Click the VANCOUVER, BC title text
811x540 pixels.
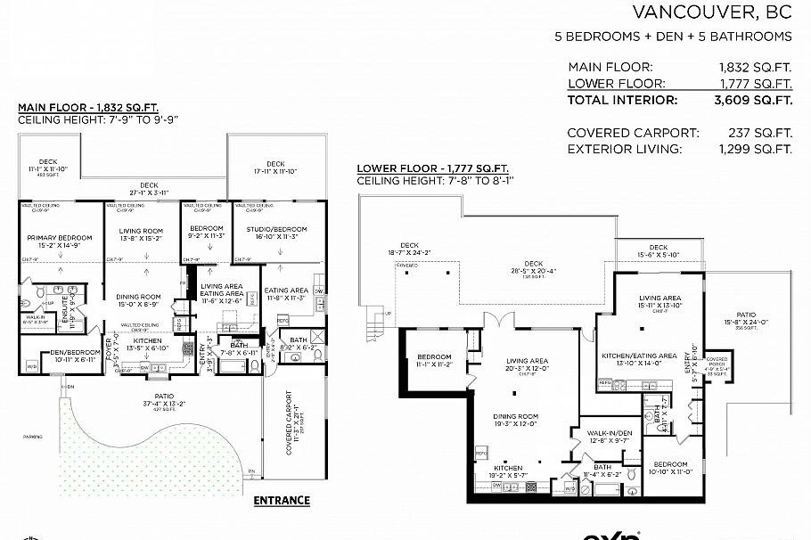click(711, 12)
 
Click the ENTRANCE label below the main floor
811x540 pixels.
click(282, 500)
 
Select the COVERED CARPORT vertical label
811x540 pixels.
click(288, 422)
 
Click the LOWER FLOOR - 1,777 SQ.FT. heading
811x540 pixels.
click(432, 168)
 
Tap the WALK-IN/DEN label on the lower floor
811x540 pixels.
click(609, 436)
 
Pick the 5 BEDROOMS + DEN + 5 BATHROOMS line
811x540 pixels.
click(673, 37)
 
